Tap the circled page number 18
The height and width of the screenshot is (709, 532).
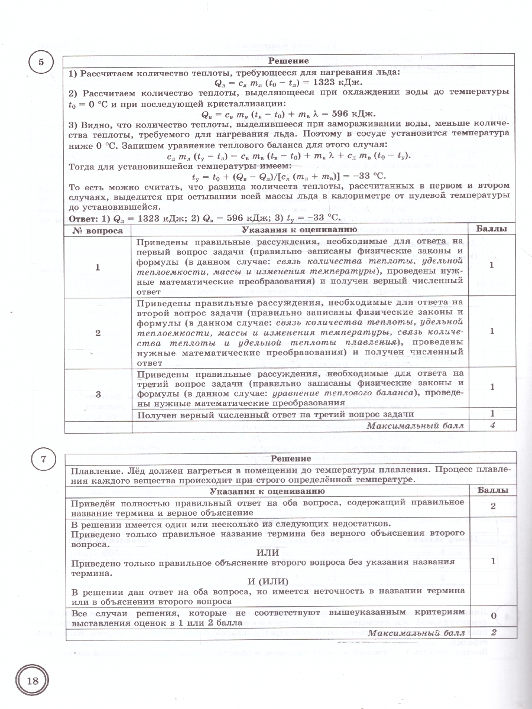[x=31, y=679]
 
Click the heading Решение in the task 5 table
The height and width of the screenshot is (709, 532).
[x=288, y=61]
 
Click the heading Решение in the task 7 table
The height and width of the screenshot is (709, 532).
[x=290, y=458]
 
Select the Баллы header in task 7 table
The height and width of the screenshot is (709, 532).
[x=491, y=490]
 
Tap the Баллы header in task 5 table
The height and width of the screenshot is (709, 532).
[x=491, y=229]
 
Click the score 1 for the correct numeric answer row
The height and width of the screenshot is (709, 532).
[x=491, y=414]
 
